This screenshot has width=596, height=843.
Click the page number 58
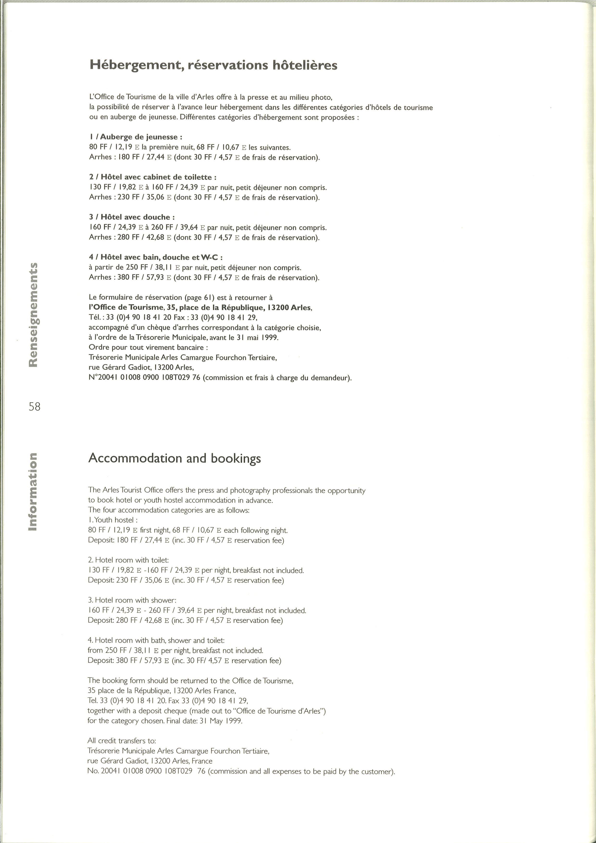[35, 406]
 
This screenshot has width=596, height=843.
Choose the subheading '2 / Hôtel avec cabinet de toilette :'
[153, 177]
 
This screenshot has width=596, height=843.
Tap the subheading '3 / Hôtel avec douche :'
[132, 217]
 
